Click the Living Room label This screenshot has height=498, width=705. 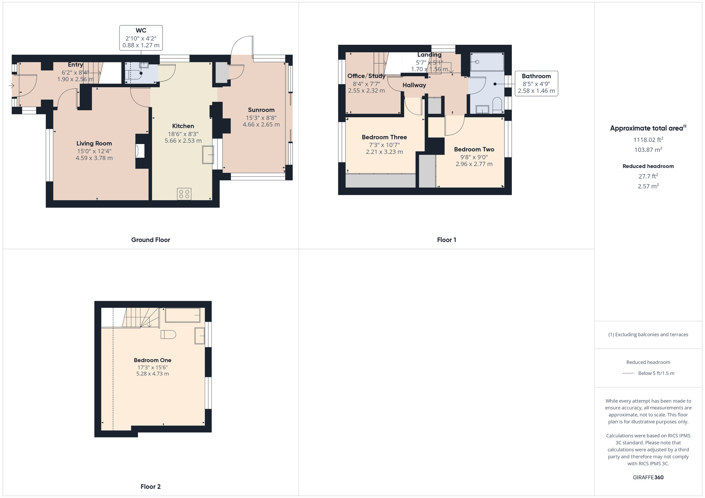94,143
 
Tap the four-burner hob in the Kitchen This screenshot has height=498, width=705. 184,194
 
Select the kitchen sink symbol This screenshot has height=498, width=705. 208,155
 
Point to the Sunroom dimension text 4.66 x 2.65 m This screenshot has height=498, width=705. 261,124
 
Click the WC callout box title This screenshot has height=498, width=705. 141,31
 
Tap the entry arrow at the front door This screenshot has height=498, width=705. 12,86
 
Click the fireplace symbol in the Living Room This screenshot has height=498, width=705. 140,151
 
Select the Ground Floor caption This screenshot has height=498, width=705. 151,240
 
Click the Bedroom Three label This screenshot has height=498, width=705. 384,137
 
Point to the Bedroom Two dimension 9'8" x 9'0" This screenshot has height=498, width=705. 474,157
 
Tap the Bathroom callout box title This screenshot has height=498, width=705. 536,76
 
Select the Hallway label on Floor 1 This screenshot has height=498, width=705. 414,85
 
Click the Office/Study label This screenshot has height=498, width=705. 366,76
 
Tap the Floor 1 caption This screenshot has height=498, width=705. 447,240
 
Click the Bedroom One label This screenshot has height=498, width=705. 153,360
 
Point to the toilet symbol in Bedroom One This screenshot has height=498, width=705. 168,335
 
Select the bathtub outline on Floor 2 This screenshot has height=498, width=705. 183,315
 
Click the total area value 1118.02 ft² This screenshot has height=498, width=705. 648,139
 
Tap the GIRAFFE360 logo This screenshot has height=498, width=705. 648,478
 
